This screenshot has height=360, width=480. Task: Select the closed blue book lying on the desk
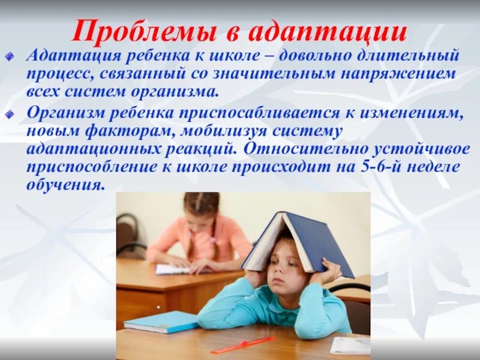click(x=161, y=322)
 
